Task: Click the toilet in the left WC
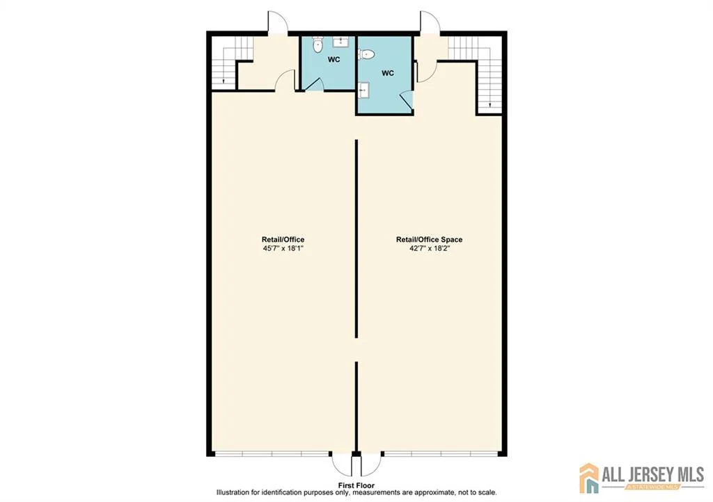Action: [318, 45]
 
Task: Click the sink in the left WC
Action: [340, 42]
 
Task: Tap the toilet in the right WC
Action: [366, 55]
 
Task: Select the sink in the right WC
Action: [363, 90]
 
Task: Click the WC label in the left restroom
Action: [334, 60]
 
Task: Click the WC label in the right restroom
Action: [387, 73]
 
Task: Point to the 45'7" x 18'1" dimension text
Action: [283, 248]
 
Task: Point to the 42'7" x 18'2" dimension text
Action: [429, 248]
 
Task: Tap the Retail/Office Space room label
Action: [429, 240]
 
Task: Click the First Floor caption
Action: [356, 485]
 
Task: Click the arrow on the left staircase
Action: [224, 81]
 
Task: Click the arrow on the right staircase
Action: [489, 104]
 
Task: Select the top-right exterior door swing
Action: [430, 22]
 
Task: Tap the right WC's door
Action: [407, 100]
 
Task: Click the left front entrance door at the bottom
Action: [343, 464]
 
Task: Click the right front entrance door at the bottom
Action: [370, 464]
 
